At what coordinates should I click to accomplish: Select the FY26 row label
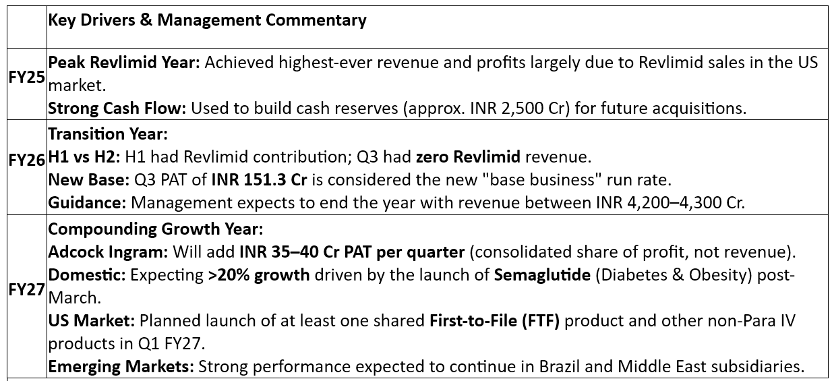26,160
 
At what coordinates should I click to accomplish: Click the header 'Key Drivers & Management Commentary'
208,20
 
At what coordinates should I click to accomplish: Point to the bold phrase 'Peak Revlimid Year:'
124,63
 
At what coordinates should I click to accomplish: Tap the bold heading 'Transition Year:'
108,134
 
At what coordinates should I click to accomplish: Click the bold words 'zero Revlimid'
469,157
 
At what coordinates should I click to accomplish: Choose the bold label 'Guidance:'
88,202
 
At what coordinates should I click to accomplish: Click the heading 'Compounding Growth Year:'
155,229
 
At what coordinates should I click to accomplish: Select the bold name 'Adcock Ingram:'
108,252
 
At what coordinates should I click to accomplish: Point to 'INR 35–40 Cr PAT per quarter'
351,252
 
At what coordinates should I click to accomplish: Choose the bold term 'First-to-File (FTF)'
495,321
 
